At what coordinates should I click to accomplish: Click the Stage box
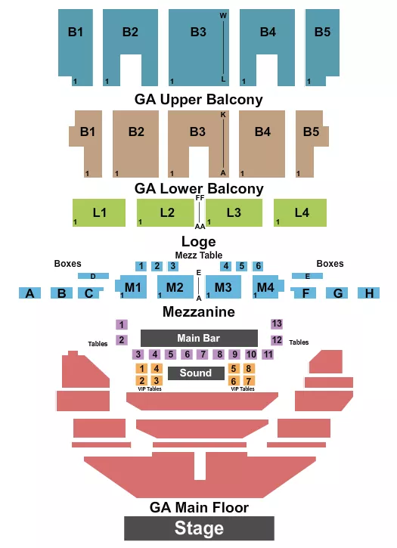click(199, 528)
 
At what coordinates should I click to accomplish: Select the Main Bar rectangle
click(193, 338)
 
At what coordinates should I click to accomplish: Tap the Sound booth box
click(196, 373)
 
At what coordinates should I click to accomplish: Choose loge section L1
click(99, 212)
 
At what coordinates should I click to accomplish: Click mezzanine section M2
click(175, 287)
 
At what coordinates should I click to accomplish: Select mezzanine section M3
click(223, 287)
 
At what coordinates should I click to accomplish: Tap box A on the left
click(30, 293)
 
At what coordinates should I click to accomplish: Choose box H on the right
click(369, 293)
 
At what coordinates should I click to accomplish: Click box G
click(338, 293)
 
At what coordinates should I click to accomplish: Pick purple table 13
click(277, 324)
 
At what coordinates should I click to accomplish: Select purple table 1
click(122, 324)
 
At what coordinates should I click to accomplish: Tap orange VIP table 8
click(249, 368)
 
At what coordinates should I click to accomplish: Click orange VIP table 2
click(141, 380)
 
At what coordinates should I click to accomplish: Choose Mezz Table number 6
click(258, 266)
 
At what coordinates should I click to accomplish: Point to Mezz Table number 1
click(141, 266)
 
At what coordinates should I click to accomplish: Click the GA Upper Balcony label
click(198, 99)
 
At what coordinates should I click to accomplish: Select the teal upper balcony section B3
click(198, 32)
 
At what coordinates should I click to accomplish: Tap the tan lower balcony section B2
click(136, 132)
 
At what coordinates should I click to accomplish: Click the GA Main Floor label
click(199, 508)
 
